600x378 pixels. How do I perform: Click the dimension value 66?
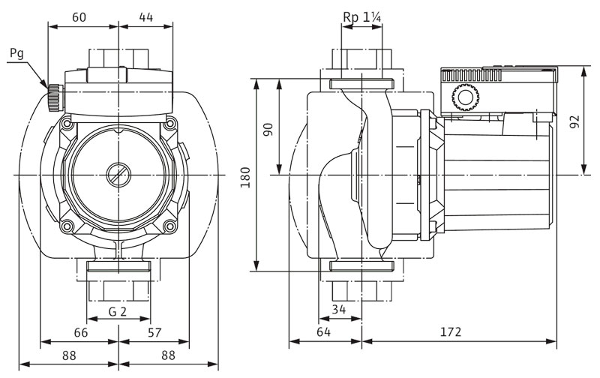(x=81, y=332)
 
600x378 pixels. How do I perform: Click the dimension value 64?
(x=324, y=332)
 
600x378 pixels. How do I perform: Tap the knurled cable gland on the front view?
(x=53, y=95)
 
